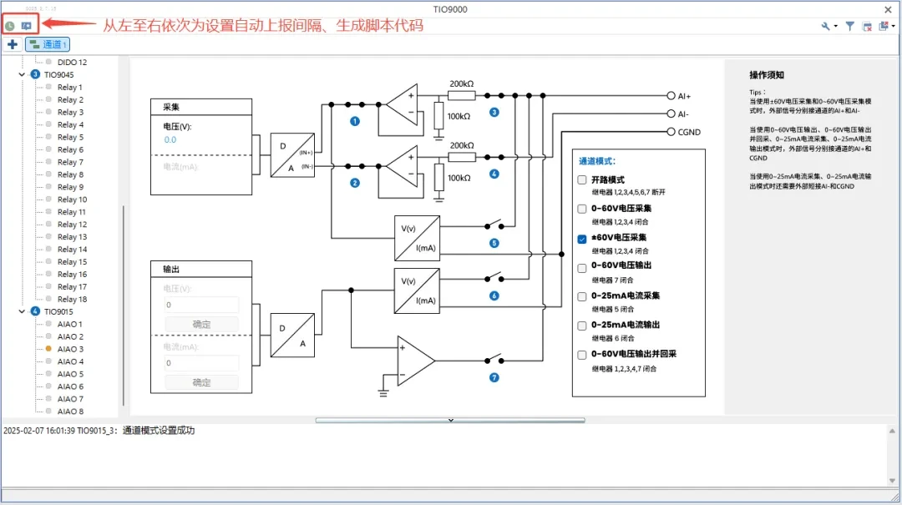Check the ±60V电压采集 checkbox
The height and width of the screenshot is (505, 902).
pyautogui.click(x=582, y=238)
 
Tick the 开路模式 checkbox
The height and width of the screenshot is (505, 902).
pyautogui.click(x=582, y=180)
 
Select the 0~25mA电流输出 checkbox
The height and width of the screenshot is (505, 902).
pyautogui.click(x=582, y=326)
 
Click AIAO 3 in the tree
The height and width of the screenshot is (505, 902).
pyautogui.click(x=70, y=349)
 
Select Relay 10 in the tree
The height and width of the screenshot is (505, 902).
pyautogui.click(x=72, y=199)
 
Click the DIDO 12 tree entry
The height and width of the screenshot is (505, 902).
pyautogui.click(x=72, y=62)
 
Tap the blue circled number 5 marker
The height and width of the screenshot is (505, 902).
pyautogui.click(x=494, y=243)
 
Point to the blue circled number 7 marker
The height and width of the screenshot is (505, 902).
pyautogui.click(x=494, y=377)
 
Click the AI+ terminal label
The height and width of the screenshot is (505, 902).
pyautogui.click(x=684, y=96)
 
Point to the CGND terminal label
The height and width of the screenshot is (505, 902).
pyautogui.click(x=689, y=132)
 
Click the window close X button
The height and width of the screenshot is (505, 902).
pyautogui.click(x=888, y=9)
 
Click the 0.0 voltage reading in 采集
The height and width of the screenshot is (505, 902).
pyautogui.click(x=170, y=140)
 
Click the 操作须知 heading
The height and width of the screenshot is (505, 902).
pyautogui.click(x=766, y=75)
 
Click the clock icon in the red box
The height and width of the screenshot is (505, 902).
pyautogui.click(x=10, y=26)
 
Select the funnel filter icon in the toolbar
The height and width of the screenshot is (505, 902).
pyautogui.click(x=849, y=26)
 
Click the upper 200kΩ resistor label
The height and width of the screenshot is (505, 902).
pyautogui.click(x=462, y=84)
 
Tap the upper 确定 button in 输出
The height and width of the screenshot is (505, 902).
pyautogui.click(x=201, y=324)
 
